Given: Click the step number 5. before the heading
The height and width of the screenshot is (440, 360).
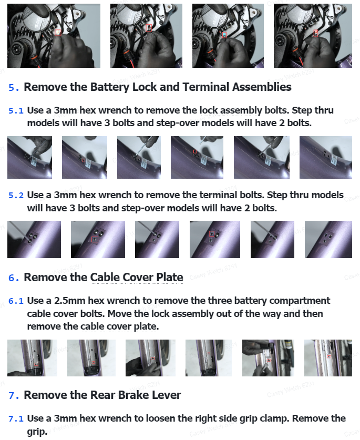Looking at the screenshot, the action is point(14,87).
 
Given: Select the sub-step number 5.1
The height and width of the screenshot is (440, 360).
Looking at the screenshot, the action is point(16,110).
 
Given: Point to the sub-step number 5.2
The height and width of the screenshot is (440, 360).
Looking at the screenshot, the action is point(16,195).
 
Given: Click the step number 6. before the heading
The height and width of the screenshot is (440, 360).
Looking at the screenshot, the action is point(14,278).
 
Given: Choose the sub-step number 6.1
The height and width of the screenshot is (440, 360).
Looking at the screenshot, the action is point(16,301).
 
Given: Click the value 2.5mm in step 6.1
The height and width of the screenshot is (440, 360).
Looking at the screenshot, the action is point(69,301).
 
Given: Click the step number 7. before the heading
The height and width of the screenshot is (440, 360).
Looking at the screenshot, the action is point(14,395).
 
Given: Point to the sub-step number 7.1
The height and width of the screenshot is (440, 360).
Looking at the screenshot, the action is point(16,418).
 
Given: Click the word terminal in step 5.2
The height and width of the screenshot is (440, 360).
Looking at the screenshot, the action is point(218,195).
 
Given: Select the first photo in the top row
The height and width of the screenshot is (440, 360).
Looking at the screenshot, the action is point(54,36).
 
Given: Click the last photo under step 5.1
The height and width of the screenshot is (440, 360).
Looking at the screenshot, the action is point(326,157).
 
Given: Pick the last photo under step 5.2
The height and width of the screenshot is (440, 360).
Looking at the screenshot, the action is point(328,239).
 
